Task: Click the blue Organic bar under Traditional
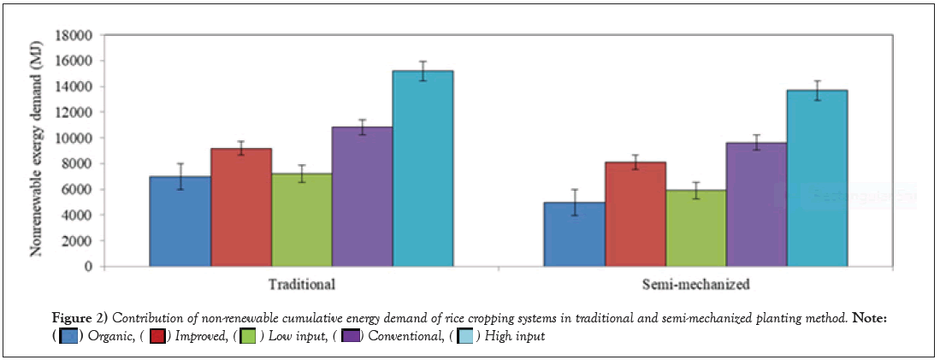tap(180, 221)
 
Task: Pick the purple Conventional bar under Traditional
tap(363, 197)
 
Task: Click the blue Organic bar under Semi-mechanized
tap(575, 234)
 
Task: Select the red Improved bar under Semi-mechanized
tap(636, 215)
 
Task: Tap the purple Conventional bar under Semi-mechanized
tap(756, 204)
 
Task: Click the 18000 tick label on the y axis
tap(74, 36)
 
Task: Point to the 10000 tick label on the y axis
tap(74, 139)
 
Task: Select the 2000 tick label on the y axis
tap(77, 241)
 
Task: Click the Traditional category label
tap(301, 283)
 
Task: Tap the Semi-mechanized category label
tap(696, 283)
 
